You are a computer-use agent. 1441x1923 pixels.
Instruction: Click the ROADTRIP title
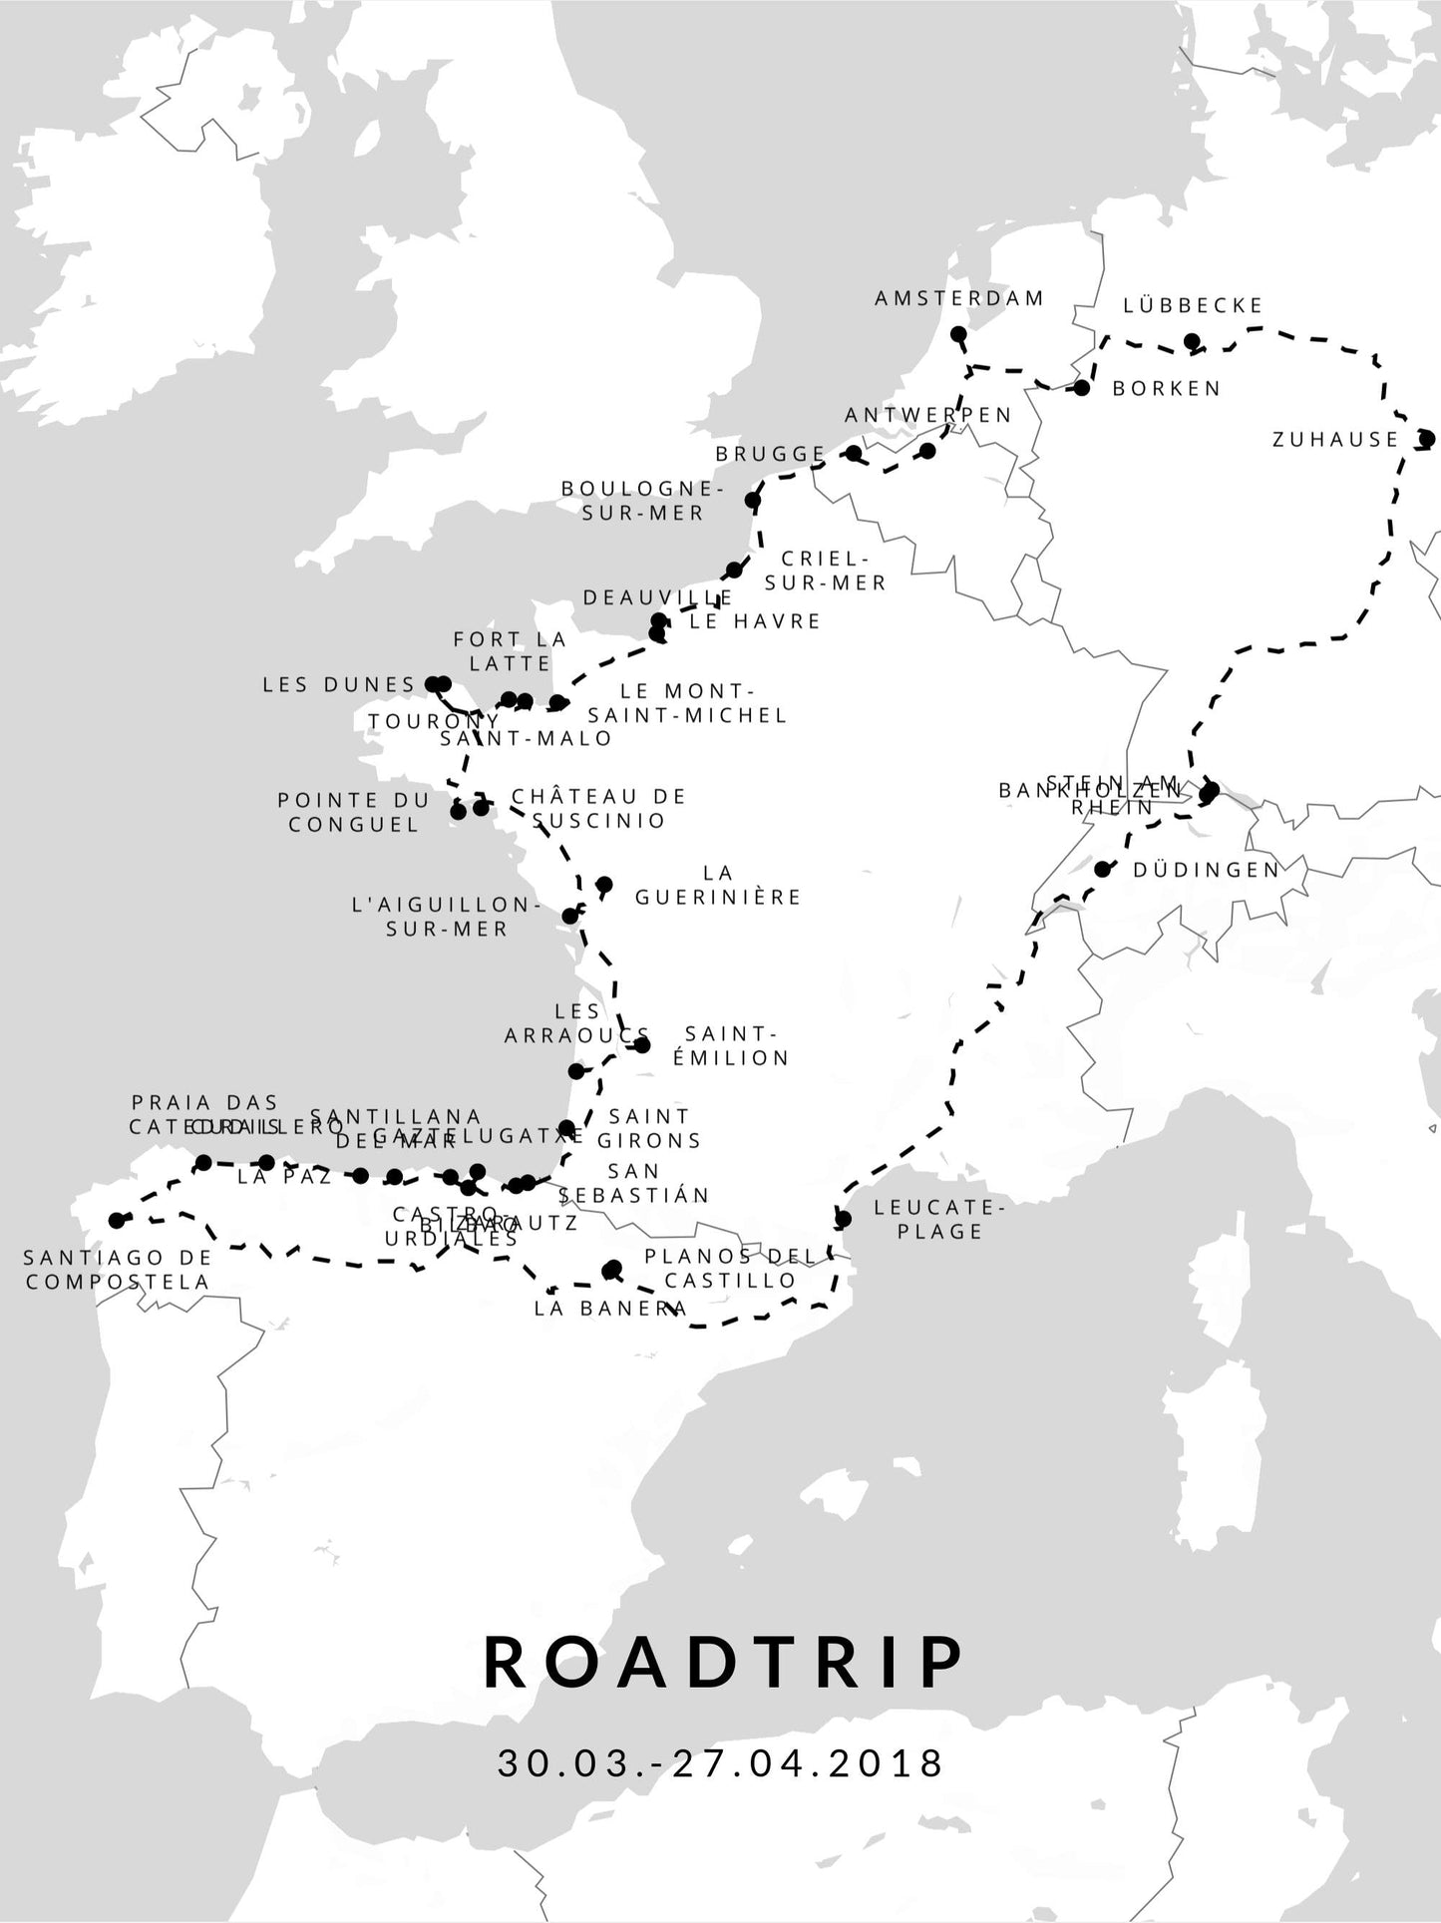coord(724,1663)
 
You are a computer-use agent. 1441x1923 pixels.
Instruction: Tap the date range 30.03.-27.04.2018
coord(720,1763)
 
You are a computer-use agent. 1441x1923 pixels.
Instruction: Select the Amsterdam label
coord(959,298)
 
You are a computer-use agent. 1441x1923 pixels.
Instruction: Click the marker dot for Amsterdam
coord(958,334)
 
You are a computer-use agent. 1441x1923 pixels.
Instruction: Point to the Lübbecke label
coord(1193,305)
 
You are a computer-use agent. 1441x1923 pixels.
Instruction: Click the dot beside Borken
coord(1082,388)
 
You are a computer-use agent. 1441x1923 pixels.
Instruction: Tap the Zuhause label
coord(1335,439)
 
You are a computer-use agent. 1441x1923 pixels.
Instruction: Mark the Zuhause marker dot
coord(1426,438)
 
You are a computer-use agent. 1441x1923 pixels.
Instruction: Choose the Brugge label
coord(771,454)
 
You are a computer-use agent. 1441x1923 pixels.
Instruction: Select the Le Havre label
coord(755,620)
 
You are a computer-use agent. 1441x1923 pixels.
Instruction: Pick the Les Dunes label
coord(339,684)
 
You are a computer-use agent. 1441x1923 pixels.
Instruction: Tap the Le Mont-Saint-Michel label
coord(688,703)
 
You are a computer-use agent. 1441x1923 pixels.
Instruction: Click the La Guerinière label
coord(718,885)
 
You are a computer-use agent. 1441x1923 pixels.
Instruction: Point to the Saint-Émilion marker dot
coord(642,1045)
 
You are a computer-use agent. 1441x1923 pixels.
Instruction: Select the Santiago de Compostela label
coord(118,1270)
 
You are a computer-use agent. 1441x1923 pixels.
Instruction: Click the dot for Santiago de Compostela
coord(117,1220)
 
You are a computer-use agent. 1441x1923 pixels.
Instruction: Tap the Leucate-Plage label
coord(939,1219)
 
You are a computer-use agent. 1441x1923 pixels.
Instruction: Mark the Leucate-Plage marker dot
coord(843,1219)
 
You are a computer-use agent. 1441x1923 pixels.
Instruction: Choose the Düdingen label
coord(1206,870)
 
